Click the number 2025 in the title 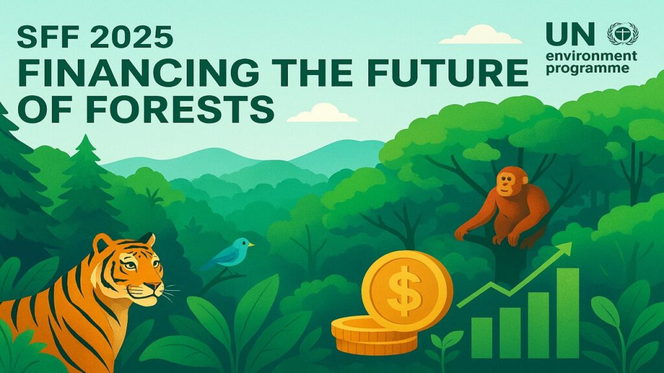coord(131,37)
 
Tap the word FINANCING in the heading coord(138,72)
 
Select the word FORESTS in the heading coord(180,108)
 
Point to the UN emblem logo coord(622,34)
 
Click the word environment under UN coord(591,56)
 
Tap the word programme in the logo coord(587,69)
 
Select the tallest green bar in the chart coord(567,313)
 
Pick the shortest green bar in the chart coord(482,338)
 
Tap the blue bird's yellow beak coord(251,244)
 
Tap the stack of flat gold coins coord(374,335)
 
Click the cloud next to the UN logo coord(480,35)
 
